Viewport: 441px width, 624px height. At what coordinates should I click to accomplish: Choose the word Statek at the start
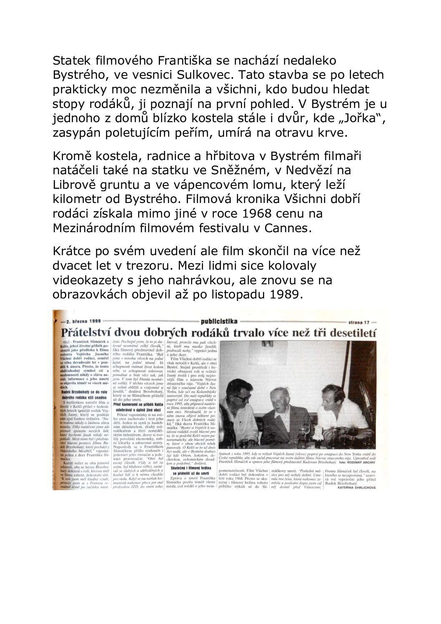(x=70, y=61)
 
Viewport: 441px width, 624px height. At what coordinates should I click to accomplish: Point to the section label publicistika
(x=219, y=321)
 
